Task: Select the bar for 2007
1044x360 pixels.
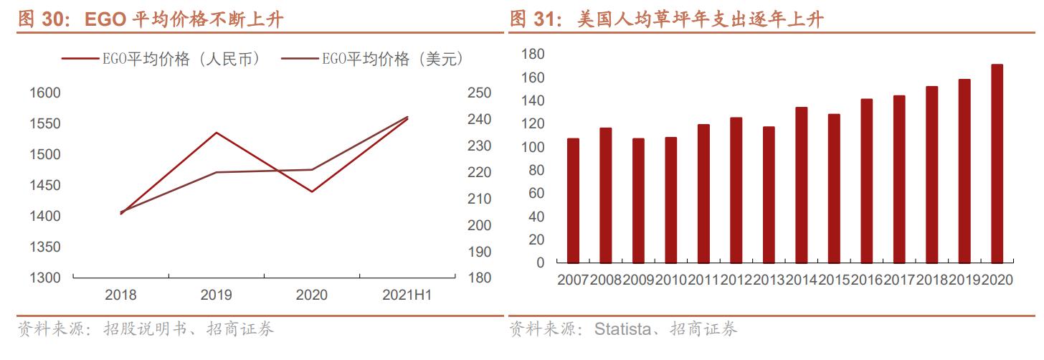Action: [x=573, y=201]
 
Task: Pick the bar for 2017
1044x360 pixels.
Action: [x=899, y=179]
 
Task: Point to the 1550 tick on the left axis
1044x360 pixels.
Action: [x=44, y=123]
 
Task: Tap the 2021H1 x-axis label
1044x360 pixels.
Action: [x=407, y=295]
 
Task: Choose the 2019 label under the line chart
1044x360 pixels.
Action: [x=216, y=295]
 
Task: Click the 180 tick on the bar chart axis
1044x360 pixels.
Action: [x=533, y=55]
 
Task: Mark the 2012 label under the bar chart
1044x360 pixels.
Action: [x=736, y=280]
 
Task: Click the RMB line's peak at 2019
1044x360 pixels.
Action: [x=216, y=133]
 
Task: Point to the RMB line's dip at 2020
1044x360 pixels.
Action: [x=312, y=191]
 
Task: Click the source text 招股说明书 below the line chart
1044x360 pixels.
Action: [x=145, y=329]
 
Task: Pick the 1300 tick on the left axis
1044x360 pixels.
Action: [x=44, y=278]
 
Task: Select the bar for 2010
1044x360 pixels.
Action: [x=671, y=200]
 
